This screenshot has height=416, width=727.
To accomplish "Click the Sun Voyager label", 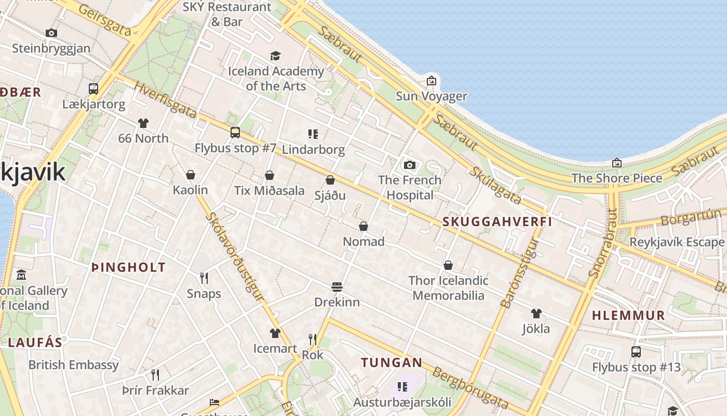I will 432,96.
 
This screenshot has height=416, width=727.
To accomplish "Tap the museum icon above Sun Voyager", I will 432,81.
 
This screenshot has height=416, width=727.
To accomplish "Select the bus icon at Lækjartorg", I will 93,88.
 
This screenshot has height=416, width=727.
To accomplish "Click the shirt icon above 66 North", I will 143,123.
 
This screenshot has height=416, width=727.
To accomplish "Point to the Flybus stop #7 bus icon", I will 235,133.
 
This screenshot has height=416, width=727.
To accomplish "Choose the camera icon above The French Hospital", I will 410,165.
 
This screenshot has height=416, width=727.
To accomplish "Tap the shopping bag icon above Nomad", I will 363,226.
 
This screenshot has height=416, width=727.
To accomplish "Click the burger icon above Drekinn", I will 337,287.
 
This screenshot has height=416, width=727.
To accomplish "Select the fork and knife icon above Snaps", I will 204,278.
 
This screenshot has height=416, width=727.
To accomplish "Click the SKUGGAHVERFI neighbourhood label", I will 497,222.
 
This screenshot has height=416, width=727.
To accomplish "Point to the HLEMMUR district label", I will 628,315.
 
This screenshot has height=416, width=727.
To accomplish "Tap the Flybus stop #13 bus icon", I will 636,352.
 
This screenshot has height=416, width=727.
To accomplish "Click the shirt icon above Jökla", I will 536,314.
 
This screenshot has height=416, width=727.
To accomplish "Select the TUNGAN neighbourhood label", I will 392,362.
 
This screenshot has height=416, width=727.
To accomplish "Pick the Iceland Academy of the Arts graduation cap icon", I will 275,56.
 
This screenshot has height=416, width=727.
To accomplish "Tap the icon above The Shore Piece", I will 617,163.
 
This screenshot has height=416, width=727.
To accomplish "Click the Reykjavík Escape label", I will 677,242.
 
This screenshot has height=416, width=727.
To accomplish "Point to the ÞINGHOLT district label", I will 128,268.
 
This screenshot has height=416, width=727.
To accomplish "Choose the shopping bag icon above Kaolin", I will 191,174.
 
